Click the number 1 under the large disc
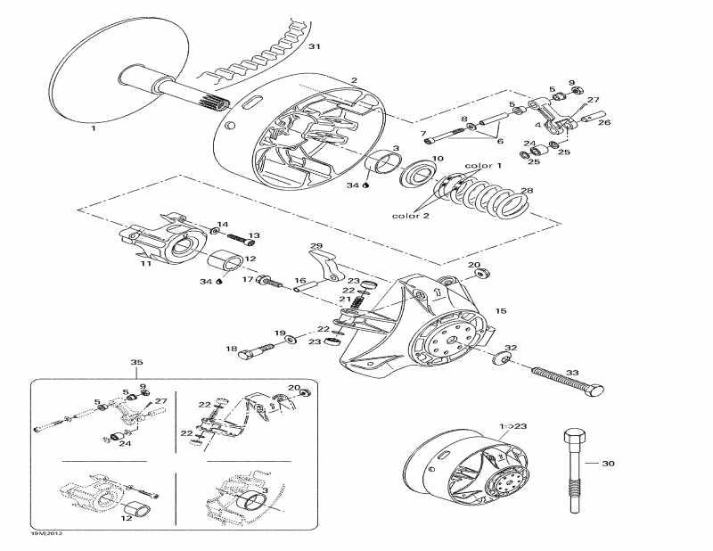point(93,128)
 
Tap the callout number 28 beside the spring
point(527,191)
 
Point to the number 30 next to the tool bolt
point(609,464)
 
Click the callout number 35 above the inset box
point(136,364)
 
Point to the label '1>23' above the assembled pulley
point(513,427)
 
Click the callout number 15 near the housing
point(501,311)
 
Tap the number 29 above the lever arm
point(316,245)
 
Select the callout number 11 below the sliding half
point(144,265)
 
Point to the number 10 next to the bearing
point(437,159)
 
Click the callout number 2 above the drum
point(354,80)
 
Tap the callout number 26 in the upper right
point(604,123)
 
